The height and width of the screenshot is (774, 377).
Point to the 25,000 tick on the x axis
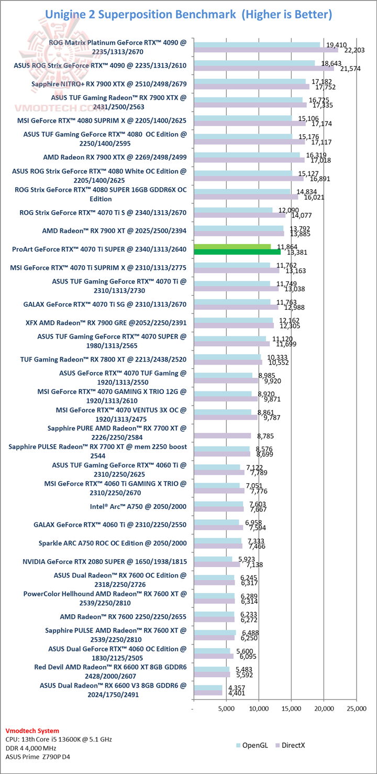(x=357, y=708)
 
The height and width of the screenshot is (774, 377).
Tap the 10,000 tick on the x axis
(x=259, y=708)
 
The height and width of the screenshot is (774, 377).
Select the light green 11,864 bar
(x=232, y=246)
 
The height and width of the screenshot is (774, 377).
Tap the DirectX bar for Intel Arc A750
(x=218, y=509)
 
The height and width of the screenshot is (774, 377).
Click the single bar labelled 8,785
(x=222, y=435)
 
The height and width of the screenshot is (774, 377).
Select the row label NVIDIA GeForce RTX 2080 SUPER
(x=104, y=561)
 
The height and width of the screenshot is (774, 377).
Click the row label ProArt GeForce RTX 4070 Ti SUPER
(x=98, y=249)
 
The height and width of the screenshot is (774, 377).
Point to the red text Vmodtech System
(x=32, y=731)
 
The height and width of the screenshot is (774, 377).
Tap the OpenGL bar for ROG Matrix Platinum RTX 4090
(x=257, y=45)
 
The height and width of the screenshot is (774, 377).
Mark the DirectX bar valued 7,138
(x=217, y=564)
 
